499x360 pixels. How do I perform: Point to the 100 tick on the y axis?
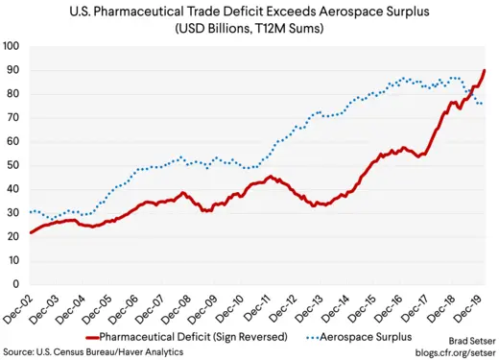12,46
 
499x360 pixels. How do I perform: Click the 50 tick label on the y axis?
14,165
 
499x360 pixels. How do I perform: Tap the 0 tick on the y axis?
17,284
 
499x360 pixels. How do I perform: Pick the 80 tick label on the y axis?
14,94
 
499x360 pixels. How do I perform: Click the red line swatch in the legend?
105,337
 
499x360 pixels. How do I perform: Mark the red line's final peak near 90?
484,70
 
